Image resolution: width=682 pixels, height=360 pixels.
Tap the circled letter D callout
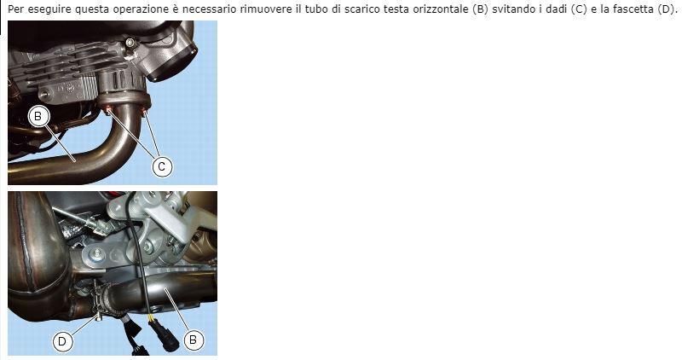coord(62,341)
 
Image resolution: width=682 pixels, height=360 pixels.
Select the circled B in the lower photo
coord(193,340)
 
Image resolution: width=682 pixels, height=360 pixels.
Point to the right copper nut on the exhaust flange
coord(146,112)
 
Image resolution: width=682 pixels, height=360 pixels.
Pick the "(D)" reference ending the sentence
coord(665,8)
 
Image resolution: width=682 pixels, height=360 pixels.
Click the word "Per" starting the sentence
coord(15,8)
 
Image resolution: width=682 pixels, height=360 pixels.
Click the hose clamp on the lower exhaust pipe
coord(101,301)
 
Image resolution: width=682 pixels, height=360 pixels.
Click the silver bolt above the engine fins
coord(128,43)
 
